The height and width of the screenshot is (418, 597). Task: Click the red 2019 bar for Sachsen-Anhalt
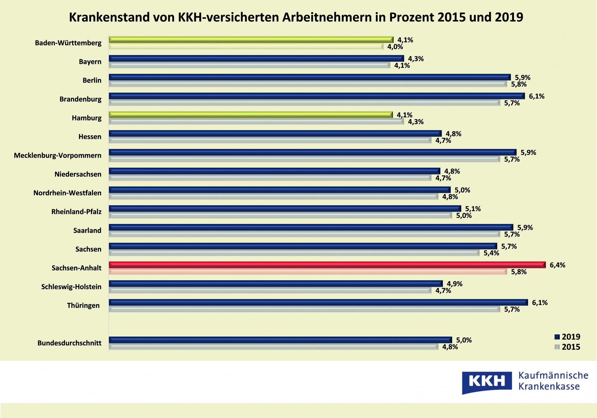tap(326, 265)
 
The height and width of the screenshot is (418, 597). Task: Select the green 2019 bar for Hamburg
tap(251, 115)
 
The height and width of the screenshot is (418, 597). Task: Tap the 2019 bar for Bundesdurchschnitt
tap(280, 340)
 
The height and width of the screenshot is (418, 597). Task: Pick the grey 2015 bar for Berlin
tap(308, 84)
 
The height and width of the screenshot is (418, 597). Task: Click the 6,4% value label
tap(557, 265)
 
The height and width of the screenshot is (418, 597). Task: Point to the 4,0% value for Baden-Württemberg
tap(395, 47)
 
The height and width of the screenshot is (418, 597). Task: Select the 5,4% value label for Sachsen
tap(491, 253)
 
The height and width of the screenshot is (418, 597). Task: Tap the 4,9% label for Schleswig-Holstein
tap(454, 284)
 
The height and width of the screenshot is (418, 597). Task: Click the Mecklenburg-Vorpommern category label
tap(58, 156)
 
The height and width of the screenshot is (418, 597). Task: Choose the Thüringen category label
tap(83, 305)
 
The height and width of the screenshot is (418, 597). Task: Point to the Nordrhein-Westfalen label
tap(67, 193)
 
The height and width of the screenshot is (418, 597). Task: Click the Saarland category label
tap(87, 230)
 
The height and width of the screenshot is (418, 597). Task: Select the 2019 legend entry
tap(567, 337)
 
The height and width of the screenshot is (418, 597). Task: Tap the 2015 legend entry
tap(567, 347)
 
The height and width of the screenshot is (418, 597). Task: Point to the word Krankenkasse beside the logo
tap(549, 387)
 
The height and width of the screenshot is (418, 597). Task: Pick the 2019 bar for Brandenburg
tap(317, 96)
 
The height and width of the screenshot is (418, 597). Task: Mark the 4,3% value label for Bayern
tap(416, 59)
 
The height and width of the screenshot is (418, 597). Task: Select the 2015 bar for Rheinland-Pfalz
tap(280, 216)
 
